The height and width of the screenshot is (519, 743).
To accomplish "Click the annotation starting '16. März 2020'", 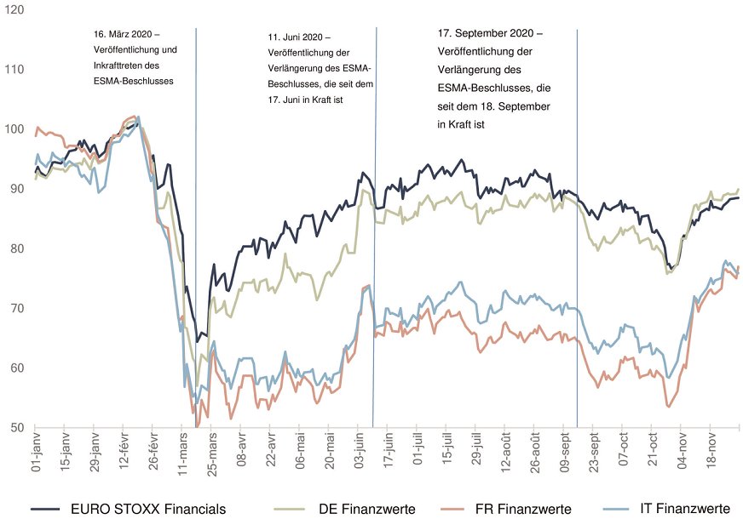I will (128, 34).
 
